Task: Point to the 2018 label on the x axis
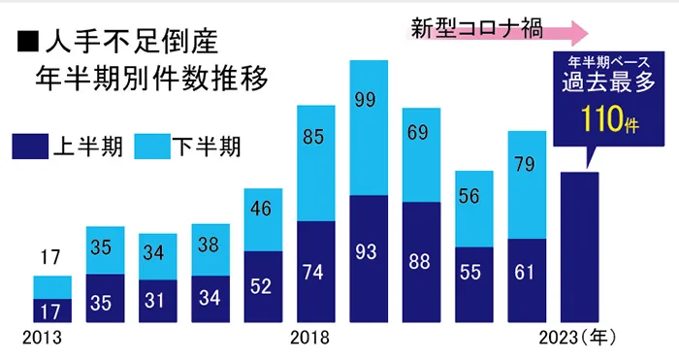coord(310,339)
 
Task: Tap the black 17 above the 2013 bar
coord(52,259)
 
